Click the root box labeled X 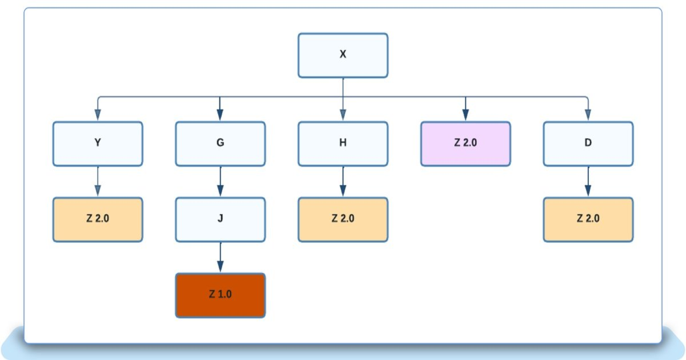pyautogui.click(x=343, y=55)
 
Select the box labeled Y pyautogui.click(x=98, y=143)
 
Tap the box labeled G pyautogui.click(x=220, y=143)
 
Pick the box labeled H pyautogui.click(x=343, y=143)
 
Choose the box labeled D pyautogui.click(x=588, y=143)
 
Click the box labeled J pyautogui.click(x=220, y=219)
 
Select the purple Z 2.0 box pyautogui.click(x=465, y=143)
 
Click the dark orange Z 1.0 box pyautogui.click(x=220, y=295)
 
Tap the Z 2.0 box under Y pyautogui.click(x=98, y=219)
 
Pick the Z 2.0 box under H pyautogui.click(x=343, y=219)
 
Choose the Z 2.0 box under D pyautogui.click(x=588, y=219)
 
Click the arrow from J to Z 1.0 pyautogui.click(x=220, y=257)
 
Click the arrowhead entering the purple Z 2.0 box pyautogui.click(x=465, y=116)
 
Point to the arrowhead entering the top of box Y pyautogui.click(x=98, y=116)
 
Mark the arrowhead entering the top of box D pyautogui.click(x=588, y=116)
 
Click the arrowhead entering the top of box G pyautogui.click(x=220, y=116)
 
